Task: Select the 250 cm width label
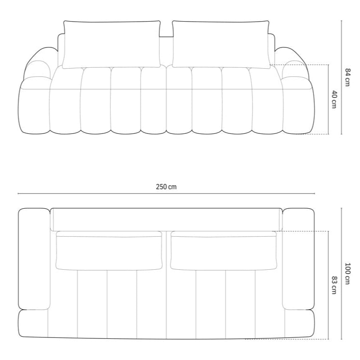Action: pos(166,187)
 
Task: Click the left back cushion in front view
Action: pos(111,44)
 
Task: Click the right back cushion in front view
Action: pos(221,44)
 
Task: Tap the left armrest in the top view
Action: pos(34,259)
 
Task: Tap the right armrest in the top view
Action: pos(299,259)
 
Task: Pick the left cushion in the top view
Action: pos(109,250)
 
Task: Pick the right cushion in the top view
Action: pos(224,250)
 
